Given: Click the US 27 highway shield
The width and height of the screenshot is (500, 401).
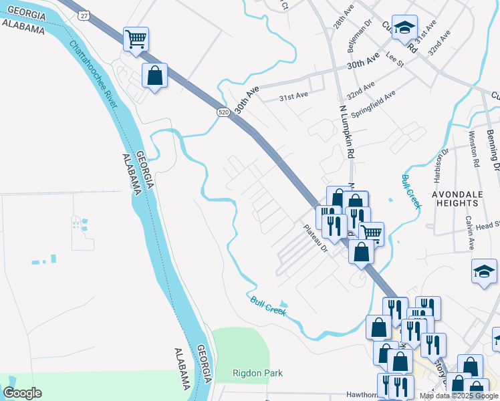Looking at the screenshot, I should tap(82, 15).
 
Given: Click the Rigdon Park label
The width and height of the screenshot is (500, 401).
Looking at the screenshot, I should tap(257, 373).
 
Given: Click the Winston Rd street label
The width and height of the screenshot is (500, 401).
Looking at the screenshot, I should tap(474, 149).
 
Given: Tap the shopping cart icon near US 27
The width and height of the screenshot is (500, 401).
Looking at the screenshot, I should tap(136, 39).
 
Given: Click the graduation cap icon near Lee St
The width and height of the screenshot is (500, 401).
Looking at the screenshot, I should tap(404, 27).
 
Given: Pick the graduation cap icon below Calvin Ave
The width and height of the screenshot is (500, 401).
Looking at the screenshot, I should tap(484, 271).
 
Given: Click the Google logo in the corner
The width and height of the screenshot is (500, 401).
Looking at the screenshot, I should tap(22, 392).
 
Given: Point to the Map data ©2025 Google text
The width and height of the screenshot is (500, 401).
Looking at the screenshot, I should tap(459, 396).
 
